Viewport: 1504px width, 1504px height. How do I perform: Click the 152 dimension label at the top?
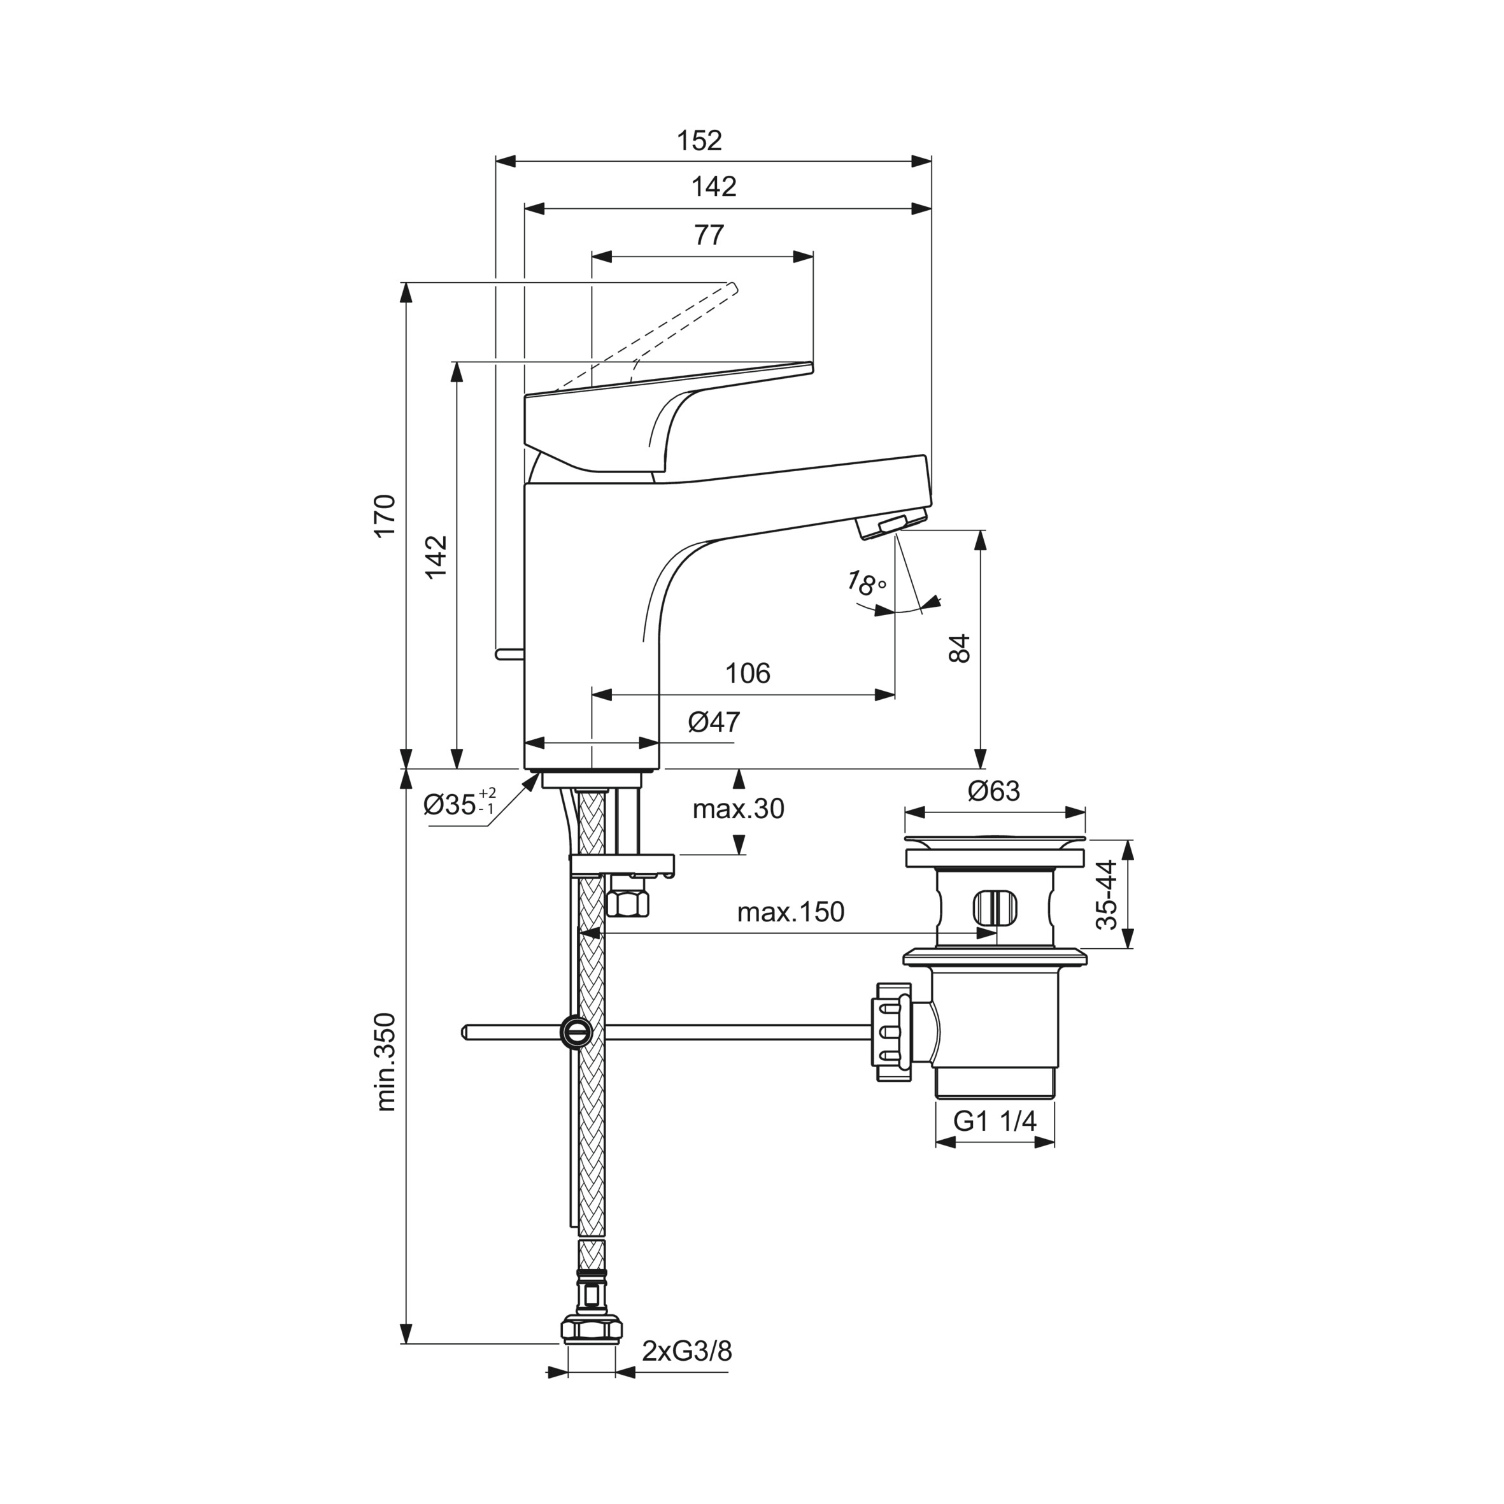coord(699,141)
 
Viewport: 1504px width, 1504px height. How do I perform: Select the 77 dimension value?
coord(709,234)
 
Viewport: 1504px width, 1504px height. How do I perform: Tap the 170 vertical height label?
coord(386,514)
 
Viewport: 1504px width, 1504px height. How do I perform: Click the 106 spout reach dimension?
coord(748,672)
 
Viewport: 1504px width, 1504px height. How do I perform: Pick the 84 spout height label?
coord(961,648)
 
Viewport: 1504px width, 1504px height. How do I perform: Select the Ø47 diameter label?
coord(714,721)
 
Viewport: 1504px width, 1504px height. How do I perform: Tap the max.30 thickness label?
coord(738,809)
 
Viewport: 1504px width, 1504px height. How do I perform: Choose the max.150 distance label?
coord(790,912)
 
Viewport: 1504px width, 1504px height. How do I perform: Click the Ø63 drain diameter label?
coord(993,791)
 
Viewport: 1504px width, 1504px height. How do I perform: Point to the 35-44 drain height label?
coord(1107,895)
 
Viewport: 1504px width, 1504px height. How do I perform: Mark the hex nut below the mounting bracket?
coord(627,902)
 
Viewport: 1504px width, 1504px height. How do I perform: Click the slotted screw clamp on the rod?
coord(576,1032)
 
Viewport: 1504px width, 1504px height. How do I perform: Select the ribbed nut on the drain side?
coord(892,1032)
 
